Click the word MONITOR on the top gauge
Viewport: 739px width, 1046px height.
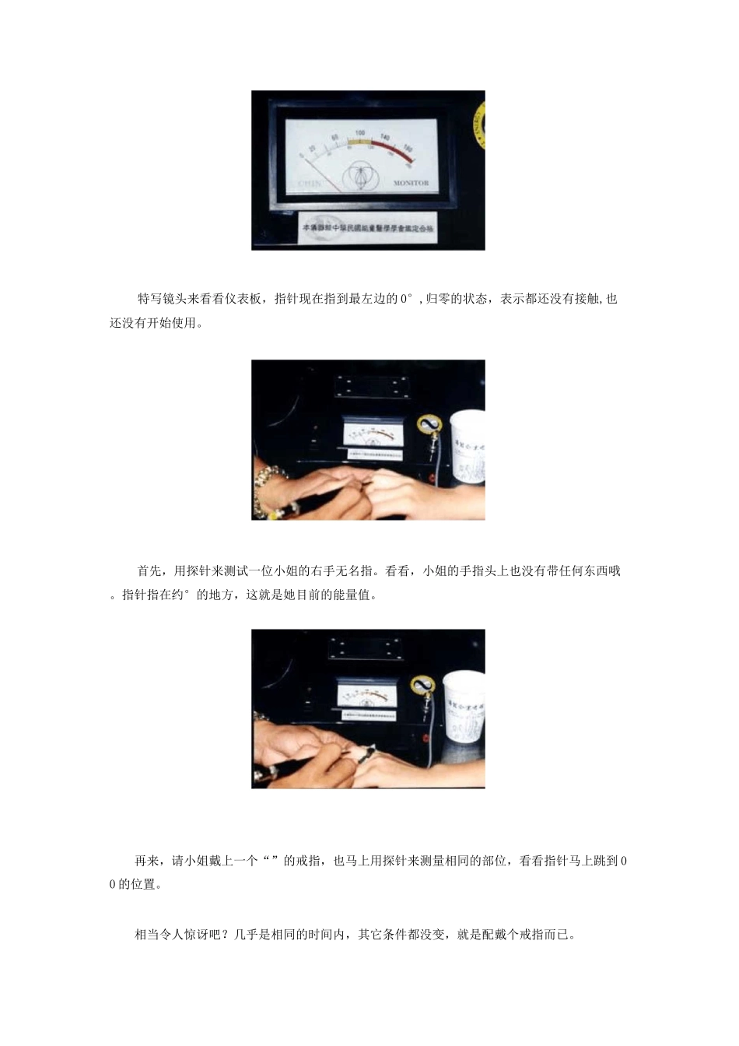(x=411, y=184)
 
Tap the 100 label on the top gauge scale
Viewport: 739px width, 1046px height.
(x=359, y=134)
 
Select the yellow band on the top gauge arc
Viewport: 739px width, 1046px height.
(x=359, y=141)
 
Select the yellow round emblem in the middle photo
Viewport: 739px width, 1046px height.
(x=428, y=424)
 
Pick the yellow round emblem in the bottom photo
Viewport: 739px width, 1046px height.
(x=422, y=686)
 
